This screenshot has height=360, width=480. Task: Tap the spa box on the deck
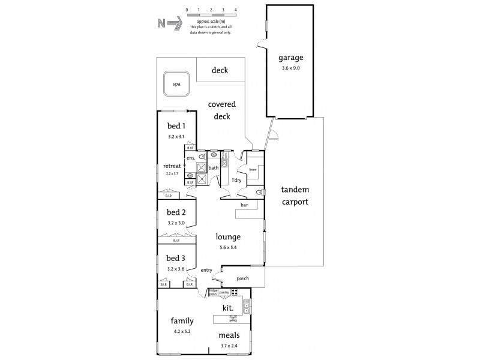pyautogui.click(x=176, y=84)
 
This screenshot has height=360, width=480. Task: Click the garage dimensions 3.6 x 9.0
pyautogui.click(x=290, y=68)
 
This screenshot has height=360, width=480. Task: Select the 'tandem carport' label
pyautogui.click(x=294, y=197)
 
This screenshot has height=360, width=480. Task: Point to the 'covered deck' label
pyautogui.click(x=221, y=110)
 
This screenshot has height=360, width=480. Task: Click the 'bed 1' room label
pyautogui.click(x=176, y=126)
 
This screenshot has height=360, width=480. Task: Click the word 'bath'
pyautogui.click(x=213, y=167)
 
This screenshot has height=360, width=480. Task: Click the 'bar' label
pyautogui.click(x=244, y=205)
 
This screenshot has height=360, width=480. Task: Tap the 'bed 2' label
pyautogui.click(x=176, y=212)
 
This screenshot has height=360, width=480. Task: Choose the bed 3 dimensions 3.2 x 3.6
pyautogui.click(x=176, y=269)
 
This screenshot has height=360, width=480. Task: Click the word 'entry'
pyautogui.click(x=206, y=270)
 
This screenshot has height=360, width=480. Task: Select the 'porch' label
pyautogui.click(x=242, y=278)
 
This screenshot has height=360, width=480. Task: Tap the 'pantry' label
pyautogui.click(x=224, y=292)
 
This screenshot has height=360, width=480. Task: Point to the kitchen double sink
pyautogui.click(x=246, y=307)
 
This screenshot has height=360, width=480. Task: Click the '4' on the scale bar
pyautogui.click(x=236, y=10)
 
